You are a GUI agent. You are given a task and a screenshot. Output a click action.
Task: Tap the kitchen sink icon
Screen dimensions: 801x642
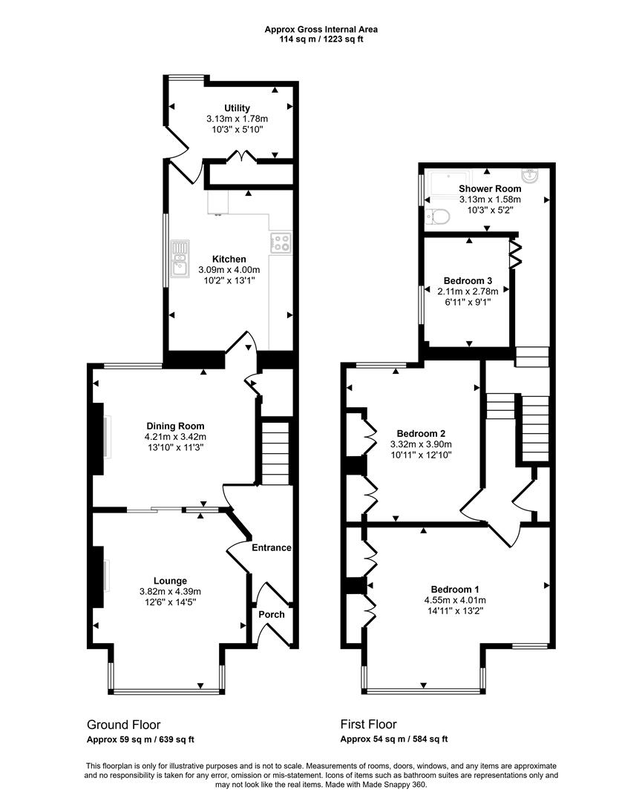click(180, 259)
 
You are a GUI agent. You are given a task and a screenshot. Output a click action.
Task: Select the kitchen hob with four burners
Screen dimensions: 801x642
click(282, 242)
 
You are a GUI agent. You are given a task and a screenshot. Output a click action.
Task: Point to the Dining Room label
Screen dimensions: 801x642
click(175, 426)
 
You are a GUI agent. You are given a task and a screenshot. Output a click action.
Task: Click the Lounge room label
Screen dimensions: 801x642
click(170, 580)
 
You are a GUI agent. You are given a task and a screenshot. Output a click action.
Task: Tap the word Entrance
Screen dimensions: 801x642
click(271, 547)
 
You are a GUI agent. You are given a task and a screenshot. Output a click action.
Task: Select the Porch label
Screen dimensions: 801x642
click(271, 614)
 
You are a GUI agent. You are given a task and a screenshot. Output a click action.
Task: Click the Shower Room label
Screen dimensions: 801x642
click(490, 189)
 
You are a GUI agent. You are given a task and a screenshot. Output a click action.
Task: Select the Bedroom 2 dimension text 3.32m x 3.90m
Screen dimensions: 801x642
click(421, 444)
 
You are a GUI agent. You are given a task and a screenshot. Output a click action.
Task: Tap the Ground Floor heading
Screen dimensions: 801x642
click(123, 725)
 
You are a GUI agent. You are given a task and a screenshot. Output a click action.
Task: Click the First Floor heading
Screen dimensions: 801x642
click(368, 725)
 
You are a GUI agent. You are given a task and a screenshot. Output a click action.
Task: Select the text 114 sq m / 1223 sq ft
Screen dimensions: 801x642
click(321, 39)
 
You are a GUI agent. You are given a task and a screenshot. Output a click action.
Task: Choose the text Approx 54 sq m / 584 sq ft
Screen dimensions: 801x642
click(393, 739)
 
